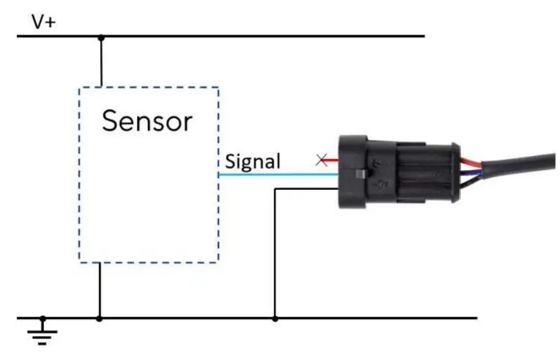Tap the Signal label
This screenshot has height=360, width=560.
[x=252, y=162]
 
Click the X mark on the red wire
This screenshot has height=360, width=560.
[x=321, y=161]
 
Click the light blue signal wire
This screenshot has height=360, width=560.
[x=278, y=174]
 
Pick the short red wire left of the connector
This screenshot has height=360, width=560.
[x=331, y=161]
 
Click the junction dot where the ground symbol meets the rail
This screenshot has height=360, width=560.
[x=43, y=319]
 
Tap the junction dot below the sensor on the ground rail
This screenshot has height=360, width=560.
[x=100, y=319]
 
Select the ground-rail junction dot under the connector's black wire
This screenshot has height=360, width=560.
[x=275, y=319]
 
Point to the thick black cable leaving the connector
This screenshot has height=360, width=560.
[x=520, y=162]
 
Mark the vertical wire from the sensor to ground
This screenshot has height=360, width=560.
[x=100, y=291]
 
